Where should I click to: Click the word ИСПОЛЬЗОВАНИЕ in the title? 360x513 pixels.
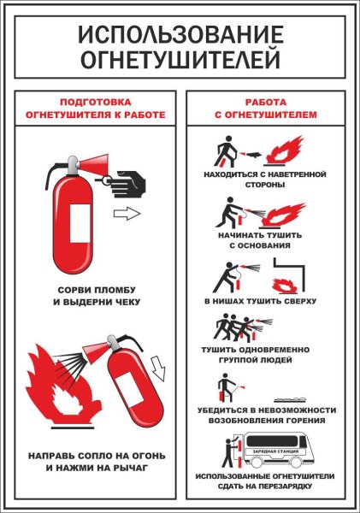(x=180, y=34)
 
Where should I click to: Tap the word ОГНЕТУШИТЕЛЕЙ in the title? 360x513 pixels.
(x=180, y=59)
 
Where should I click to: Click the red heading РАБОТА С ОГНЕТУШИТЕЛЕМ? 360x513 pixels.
(x=268, y=107)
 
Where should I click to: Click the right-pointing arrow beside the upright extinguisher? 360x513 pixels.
(x=126, y=214)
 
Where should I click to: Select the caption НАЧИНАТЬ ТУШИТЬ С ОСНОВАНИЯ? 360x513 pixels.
(x=268, y=239)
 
